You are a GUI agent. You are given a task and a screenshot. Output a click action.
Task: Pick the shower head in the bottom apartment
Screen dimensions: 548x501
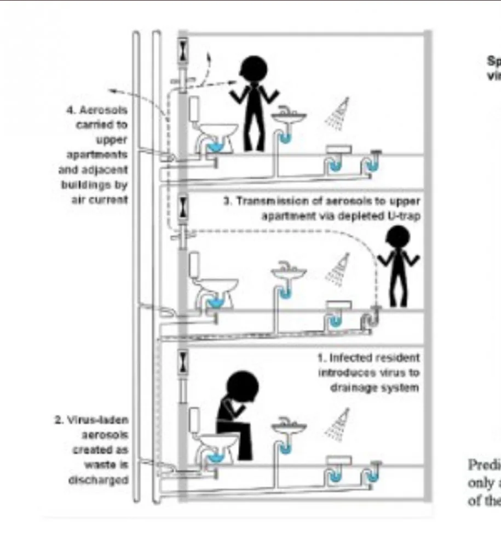pos(338,424)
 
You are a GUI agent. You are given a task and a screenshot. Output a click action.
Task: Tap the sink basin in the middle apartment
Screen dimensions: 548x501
pos(289,272)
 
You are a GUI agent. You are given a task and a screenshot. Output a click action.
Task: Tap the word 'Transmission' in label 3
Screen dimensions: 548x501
pos(269,202)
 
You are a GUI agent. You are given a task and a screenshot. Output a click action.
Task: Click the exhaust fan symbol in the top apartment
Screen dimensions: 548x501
pos(183,51)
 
